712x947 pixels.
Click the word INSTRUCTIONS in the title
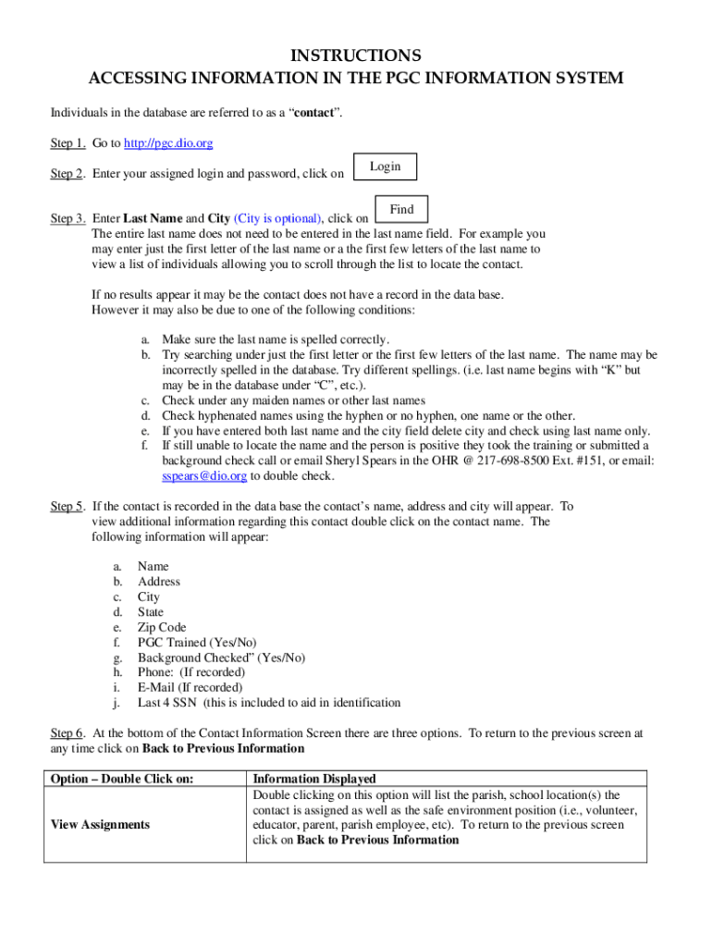[x=356, y=55]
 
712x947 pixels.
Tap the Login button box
[x=385, y=166]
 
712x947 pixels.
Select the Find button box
[x=401, y=210]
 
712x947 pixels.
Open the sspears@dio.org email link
[x=204, y=476]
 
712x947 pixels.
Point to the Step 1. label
[x=68, y=143]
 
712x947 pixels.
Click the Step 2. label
[x=68, y=174]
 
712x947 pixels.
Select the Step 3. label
[x=68, y=218]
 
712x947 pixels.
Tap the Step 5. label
[x=68, y=507]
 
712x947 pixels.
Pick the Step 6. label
[x=68, y=733]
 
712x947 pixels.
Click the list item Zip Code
[x=162, y=627]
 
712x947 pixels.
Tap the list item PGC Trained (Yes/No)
[x=197, y=642]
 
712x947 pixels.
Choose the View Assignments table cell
[x=100, y=824]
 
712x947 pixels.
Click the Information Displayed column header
[x=314, y=779]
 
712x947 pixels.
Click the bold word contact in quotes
[x=315, y=113]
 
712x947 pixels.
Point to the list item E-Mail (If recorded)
[x=190, y=687]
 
